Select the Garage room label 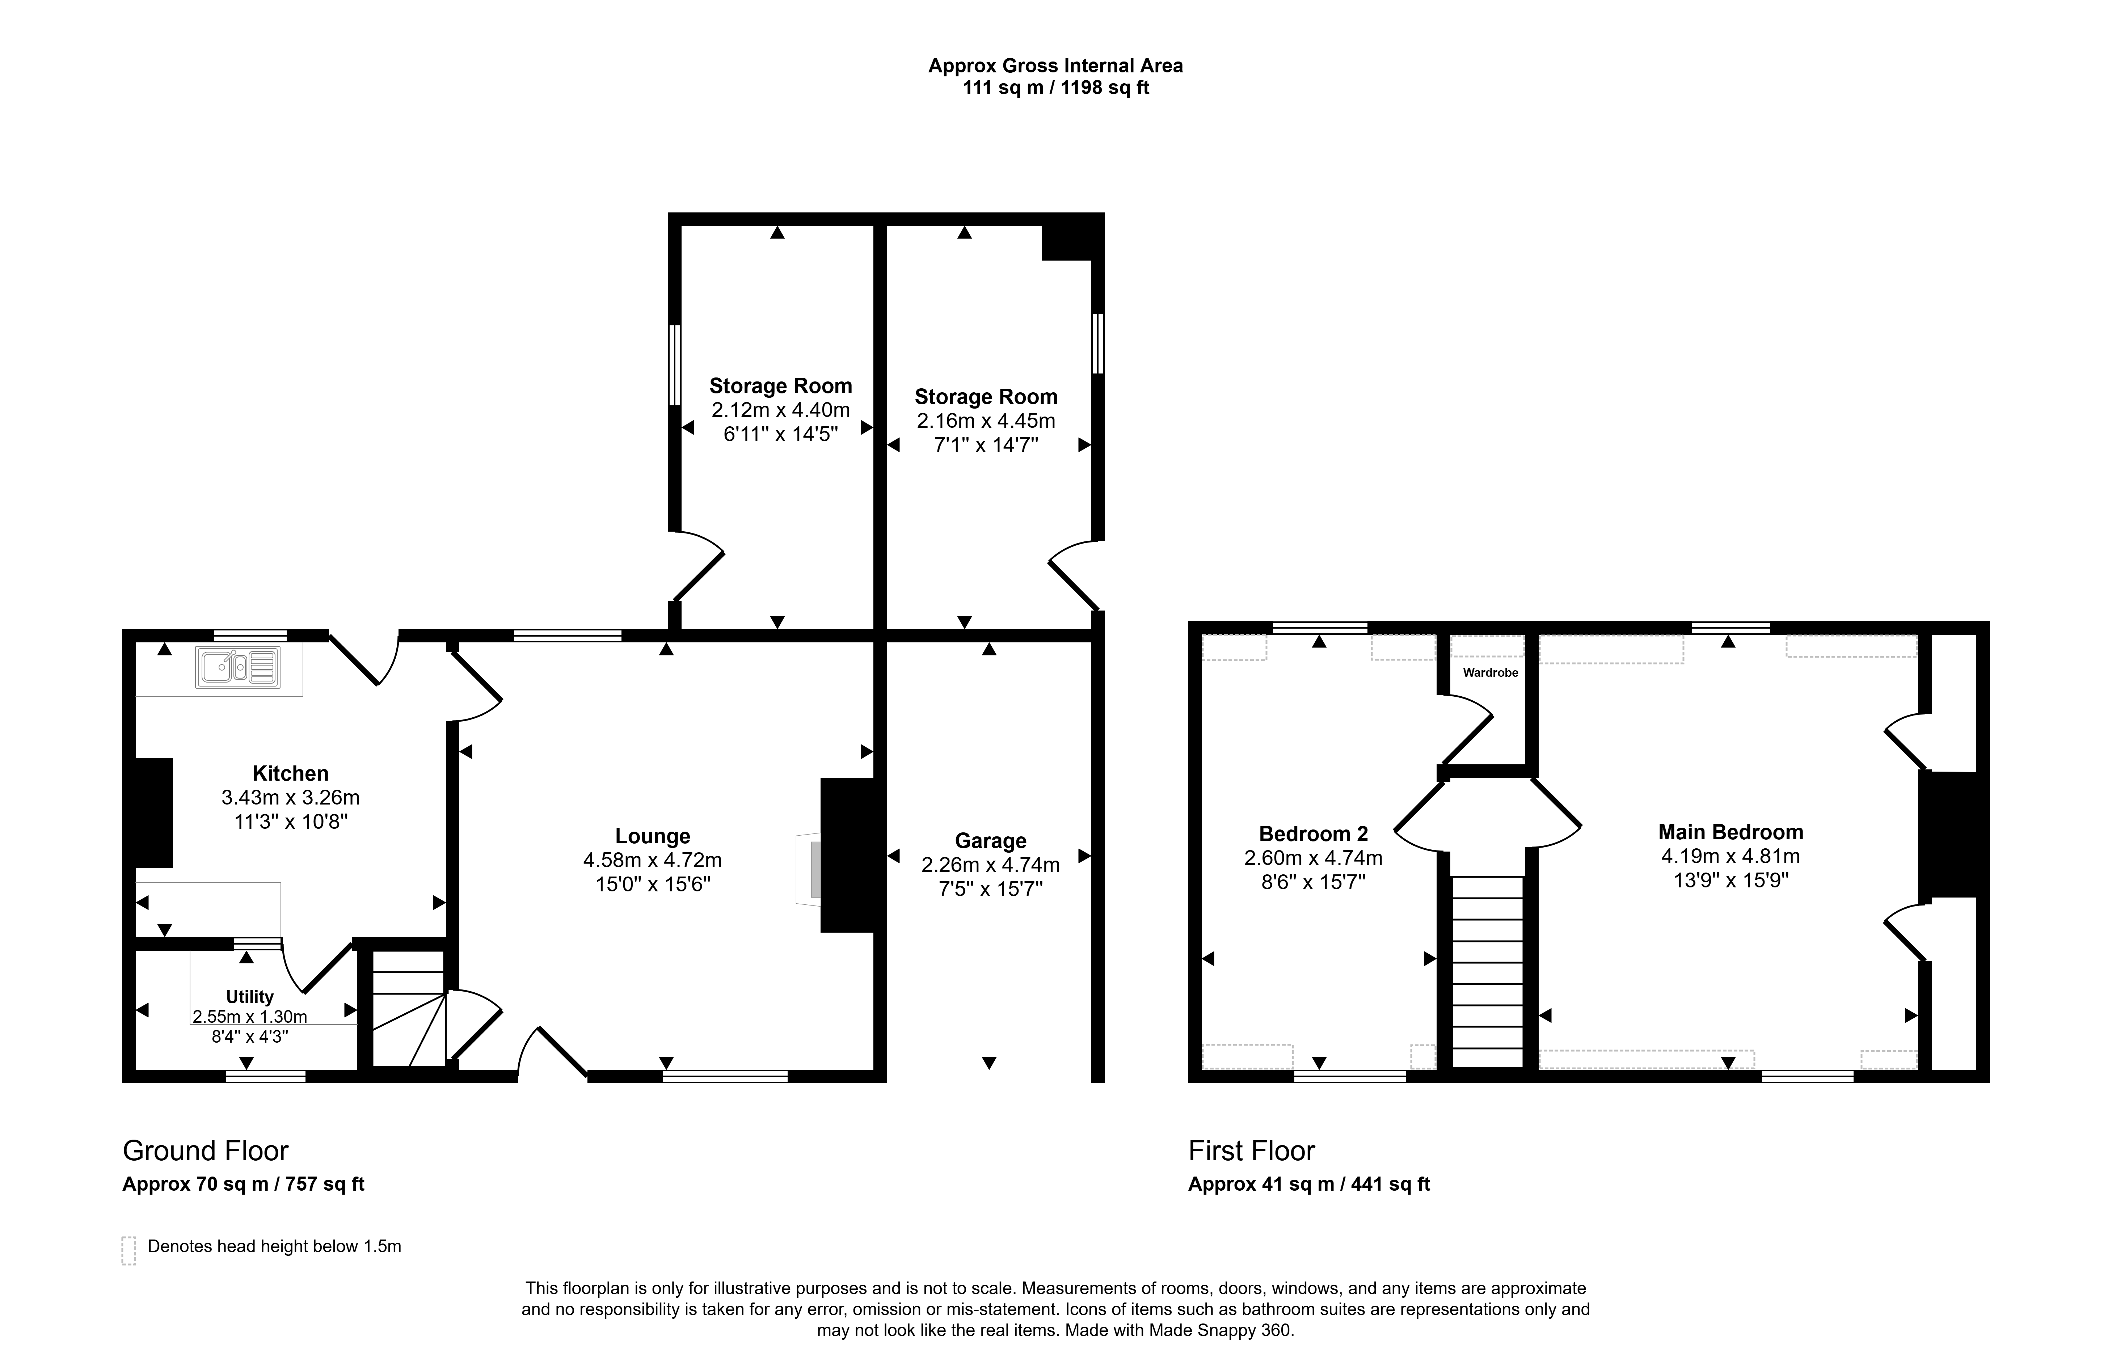(x=990, y=840)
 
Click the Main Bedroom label (x=1731, y=831)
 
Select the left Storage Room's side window (x=674, y=365)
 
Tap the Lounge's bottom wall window (x=725, y=1076)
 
